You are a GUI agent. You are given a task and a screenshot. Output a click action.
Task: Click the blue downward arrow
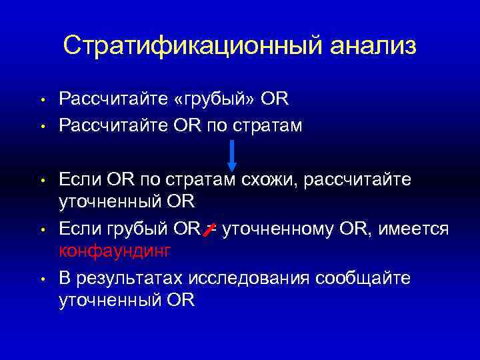click(x=232, y=155)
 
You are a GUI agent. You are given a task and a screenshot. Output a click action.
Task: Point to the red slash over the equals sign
click(x=209, y=230)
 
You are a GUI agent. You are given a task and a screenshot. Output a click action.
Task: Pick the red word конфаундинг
click(x=115, y=251)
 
